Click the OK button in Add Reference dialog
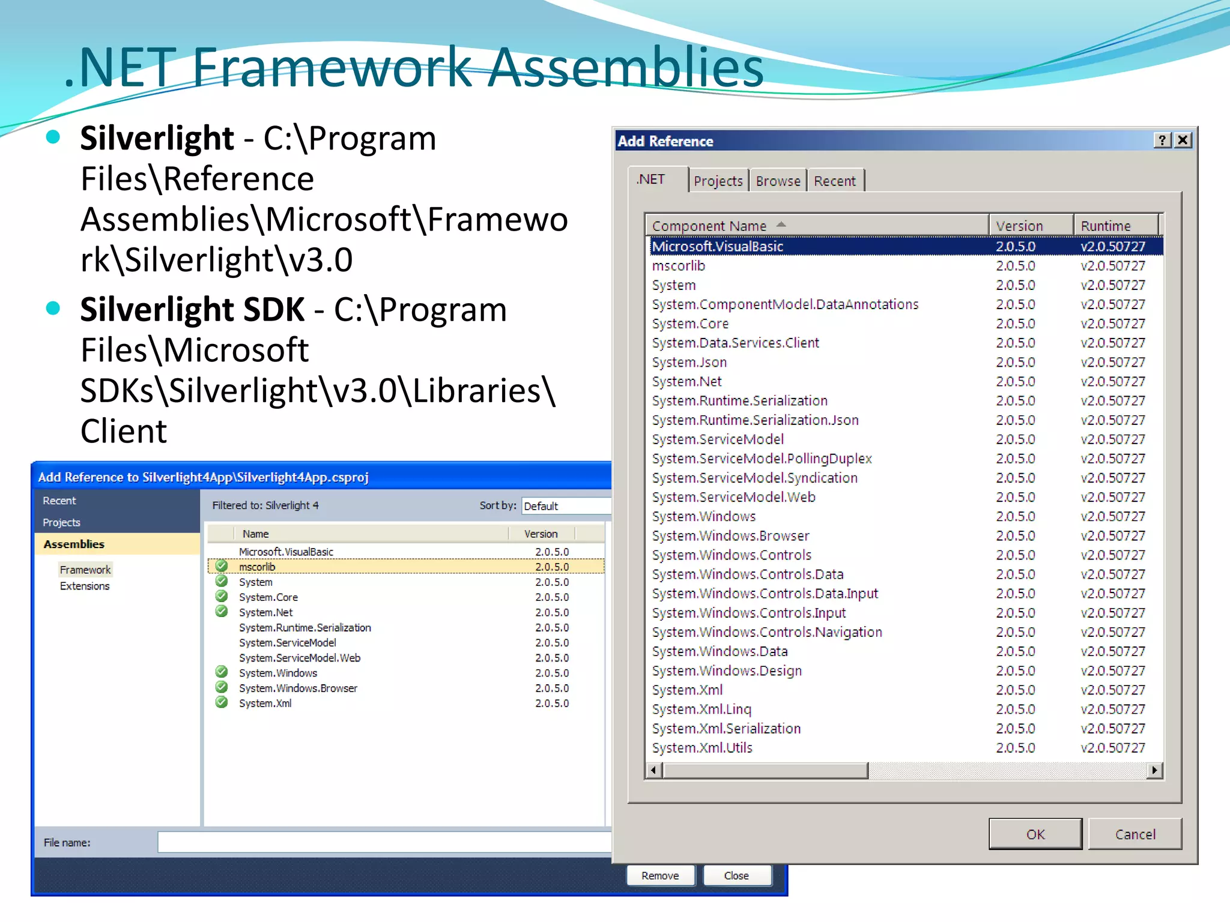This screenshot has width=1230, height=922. [1035, 834]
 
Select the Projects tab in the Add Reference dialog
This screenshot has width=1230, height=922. [718, 181]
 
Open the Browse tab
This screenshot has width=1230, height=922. [778, 181]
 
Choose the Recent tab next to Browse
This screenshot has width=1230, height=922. [834, 181]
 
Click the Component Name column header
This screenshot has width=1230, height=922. [709, 226]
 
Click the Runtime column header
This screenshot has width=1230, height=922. [1105, 226]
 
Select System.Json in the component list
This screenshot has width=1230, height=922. [689, 362]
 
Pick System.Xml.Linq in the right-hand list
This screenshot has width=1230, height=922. [701, 709]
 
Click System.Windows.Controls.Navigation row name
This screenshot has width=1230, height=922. [766, 632]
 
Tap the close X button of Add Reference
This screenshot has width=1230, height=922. [1183, 140]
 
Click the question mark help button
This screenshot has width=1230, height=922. [1162, 140]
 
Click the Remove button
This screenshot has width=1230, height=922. [660, 876]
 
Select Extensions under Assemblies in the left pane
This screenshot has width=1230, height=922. [85, 586]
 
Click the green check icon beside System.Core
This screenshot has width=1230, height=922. [222, 596]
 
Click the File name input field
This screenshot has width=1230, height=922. [384, 842]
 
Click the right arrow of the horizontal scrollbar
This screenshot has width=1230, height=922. [1154, 770]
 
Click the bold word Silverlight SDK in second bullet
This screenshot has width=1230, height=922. [192, 310]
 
